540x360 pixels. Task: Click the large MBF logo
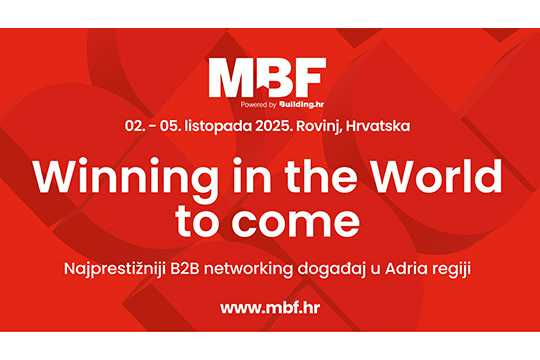(267, 78)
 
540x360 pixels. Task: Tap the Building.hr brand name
(302, 104)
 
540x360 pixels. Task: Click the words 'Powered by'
(259, 105)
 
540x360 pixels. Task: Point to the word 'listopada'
(219, 126)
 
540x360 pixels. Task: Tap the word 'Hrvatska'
(378, 126)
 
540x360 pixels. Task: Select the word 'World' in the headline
(437, 176)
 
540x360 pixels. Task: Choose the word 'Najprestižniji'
(115, 269)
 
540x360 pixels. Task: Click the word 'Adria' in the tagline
(401, 268)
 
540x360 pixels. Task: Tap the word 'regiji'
(445, 270)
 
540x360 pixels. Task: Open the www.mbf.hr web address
(270, 307)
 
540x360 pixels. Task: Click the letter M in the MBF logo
(231, 78)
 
